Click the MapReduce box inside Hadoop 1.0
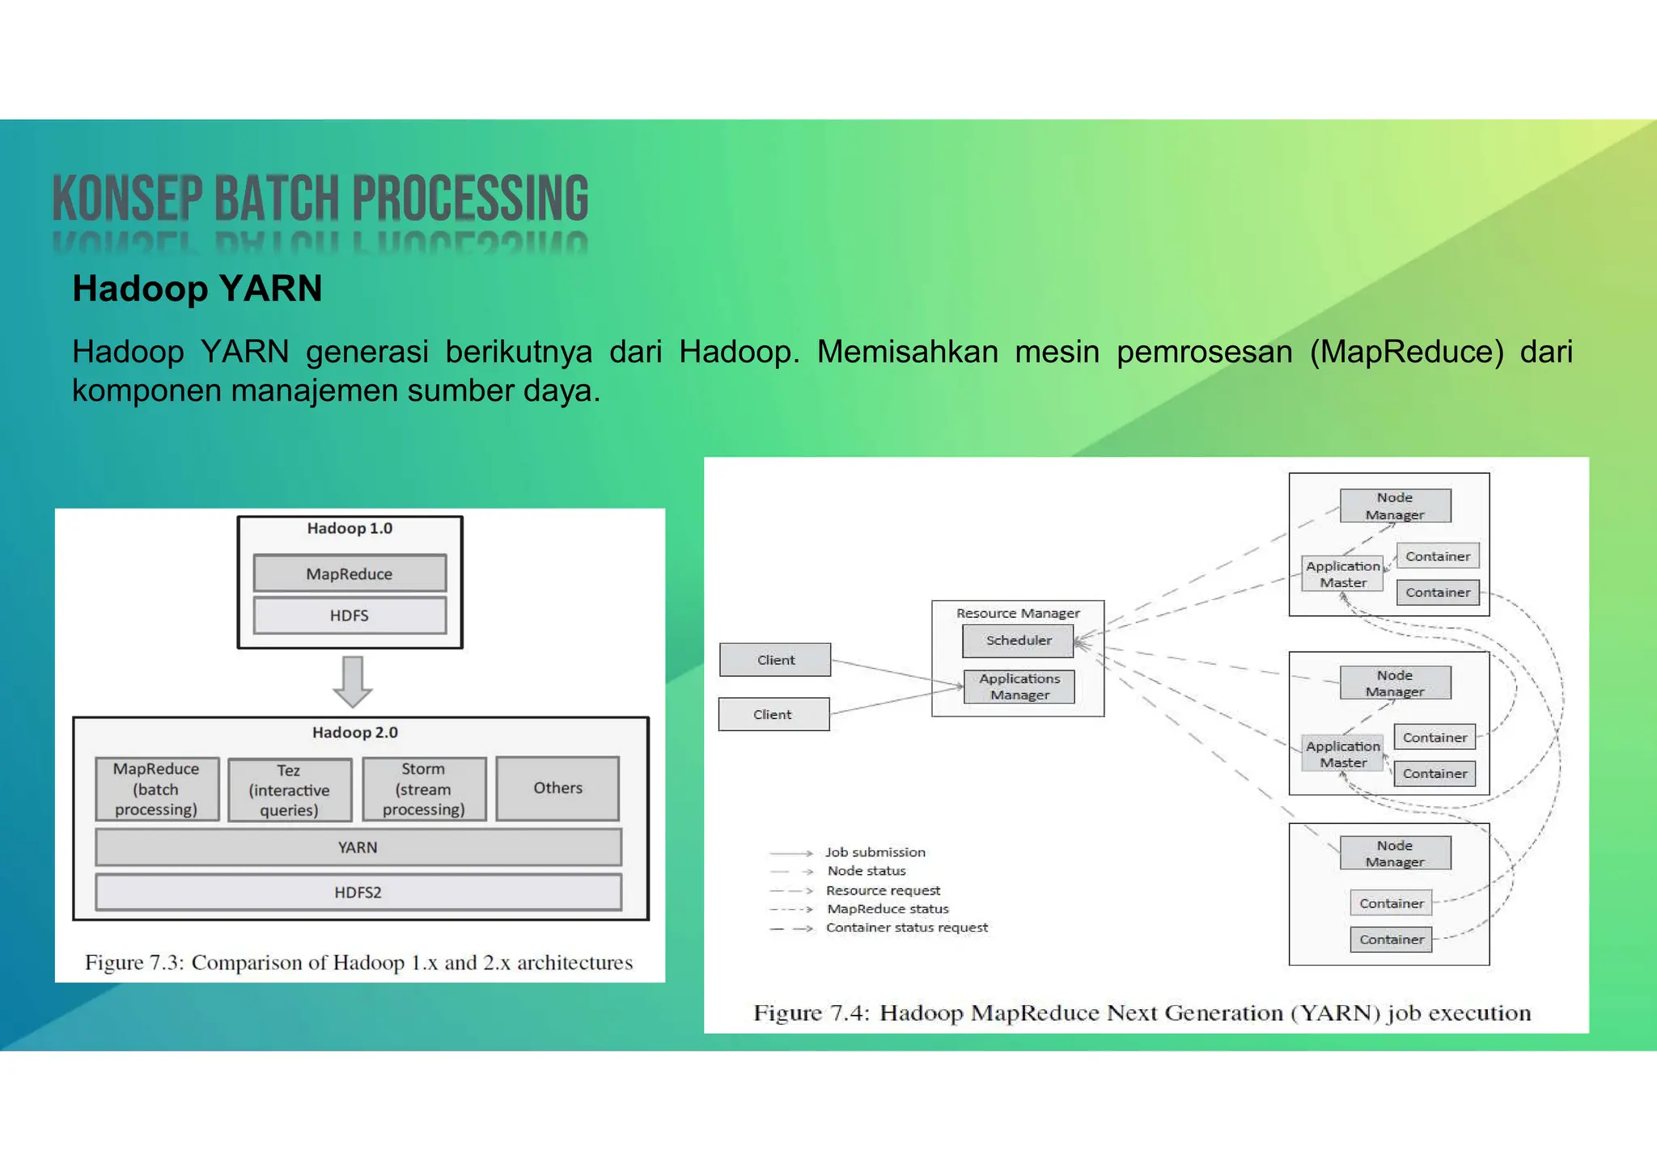(350, 573)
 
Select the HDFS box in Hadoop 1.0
(350, 615)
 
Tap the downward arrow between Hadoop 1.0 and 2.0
(353, 682)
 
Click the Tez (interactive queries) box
(290, 790)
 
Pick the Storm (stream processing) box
(424, 788)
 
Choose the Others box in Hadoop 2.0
(557, 788)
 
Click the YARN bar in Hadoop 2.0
(358, 848)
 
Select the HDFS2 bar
(358, 892)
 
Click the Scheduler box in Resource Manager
(1019, 640)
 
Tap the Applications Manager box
(1019, 687)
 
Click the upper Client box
(775, 660)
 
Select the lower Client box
(773, 714)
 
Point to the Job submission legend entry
(875, 852)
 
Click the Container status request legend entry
(906, 928)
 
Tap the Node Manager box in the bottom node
(1395, 853)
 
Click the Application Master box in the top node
(1343, 574)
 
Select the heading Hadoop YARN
(197, 289)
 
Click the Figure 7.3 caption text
(358, 962)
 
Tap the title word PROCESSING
(470, 199)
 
